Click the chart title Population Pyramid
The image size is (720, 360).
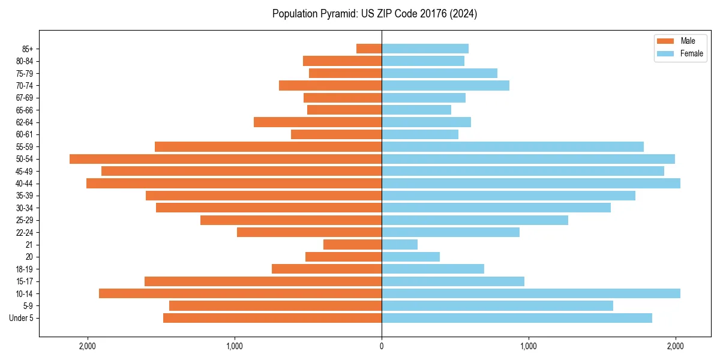click(x=374, y=14)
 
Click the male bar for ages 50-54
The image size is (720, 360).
click(x=226, y=159)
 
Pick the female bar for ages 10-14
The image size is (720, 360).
click(x=531, y=293)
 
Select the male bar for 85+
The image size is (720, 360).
click(x=369, y=49)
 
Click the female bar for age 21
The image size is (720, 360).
click(x=400, y=245)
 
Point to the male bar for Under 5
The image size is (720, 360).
click(x=272, y=318)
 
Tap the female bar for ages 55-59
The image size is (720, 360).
click(x=512, y=147)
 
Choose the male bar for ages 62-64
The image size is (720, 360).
click(x=318, y=122)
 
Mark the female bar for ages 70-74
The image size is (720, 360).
click(x=445, y=86)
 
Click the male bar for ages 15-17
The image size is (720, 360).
click(x=263, y=281)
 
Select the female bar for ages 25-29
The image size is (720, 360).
click(x=475, y=220)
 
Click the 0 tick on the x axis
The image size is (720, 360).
click(x=382, y=346)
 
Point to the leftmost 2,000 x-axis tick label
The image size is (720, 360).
click(x=88, y=346)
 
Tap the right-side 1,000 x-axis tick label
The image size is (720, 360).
click(x=529, y=346)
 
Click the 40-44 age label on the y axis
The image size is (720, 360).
click(x=25, y=184)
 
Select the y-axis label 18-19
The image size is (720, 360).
click(x=25, y=269)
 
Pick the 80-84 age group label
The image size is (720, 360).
click(x=25, y=61)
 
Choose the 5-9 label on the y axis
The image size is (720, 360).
click(x=28, y=306)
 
